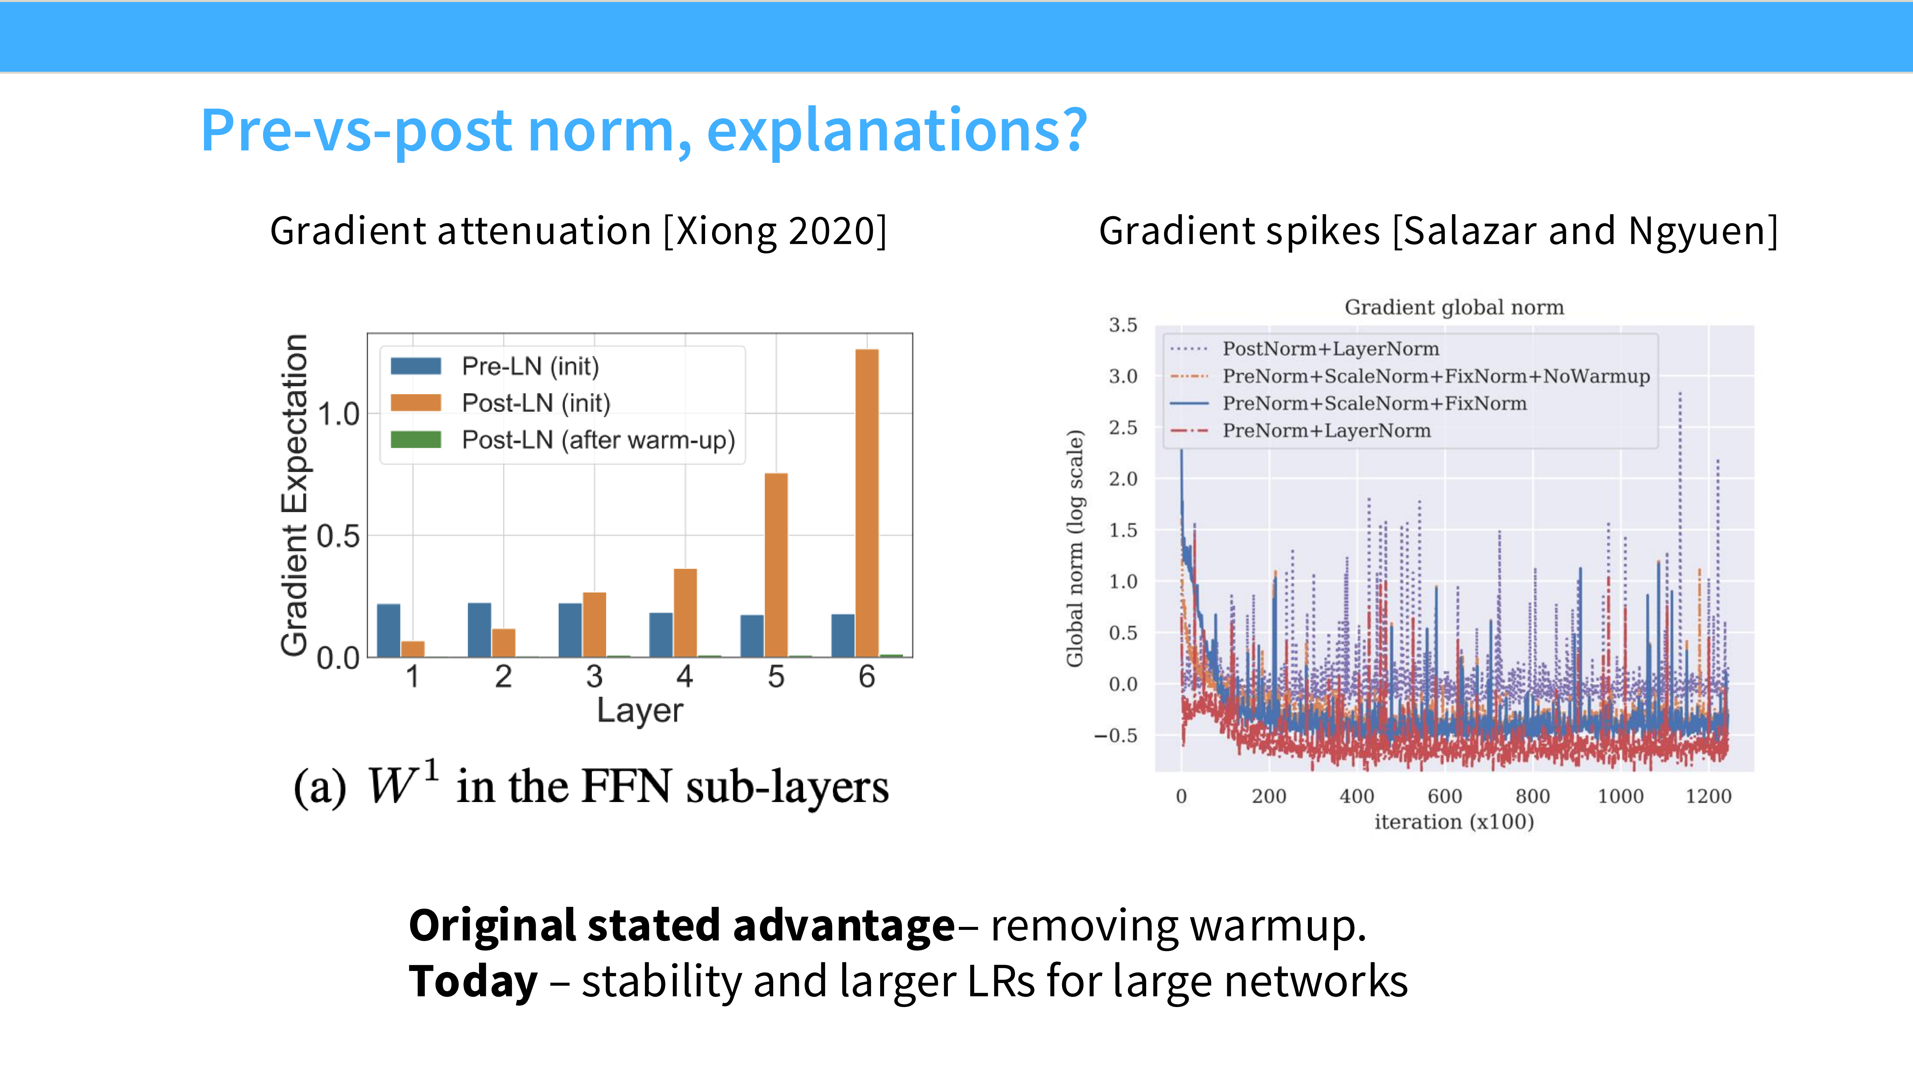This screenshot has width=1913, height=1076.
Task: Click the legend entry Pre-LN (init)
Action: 529,366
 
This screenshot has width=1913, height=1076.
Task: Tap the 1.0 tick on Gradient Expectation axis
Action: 339,414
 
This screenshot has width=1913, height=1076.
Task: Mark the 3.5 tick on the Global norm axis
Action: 1123,325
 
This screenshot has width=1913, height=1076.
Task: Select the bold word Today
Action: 473,982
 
